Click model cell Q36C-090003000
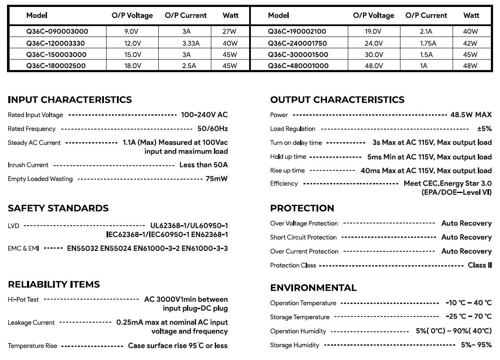point(57,31)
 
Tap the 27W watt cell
point(230,31)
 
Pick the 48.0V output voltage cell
point(373,66)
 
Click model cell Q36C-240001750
point(297,43)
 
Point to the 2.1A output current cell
point(426,31)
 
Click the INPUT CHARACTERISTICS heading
point(70,100)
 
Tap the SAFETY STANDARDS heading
point(58,208)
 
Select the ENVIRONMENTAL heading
point(313,288)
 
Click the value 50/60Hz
point(212,129)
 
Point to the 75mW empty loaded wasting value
point(217,179)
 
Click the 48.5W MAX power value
point(471,115)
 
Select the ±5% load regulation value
point(484,129)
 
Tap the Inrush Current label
point(28,165)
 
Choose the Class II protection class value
point(480,265)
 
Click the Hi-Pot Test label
point(23,300)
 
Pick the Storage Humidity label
point(294,345)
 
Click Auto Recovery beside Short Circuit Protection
point(466,237)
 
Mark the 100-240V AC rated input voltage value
point(204,115)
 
